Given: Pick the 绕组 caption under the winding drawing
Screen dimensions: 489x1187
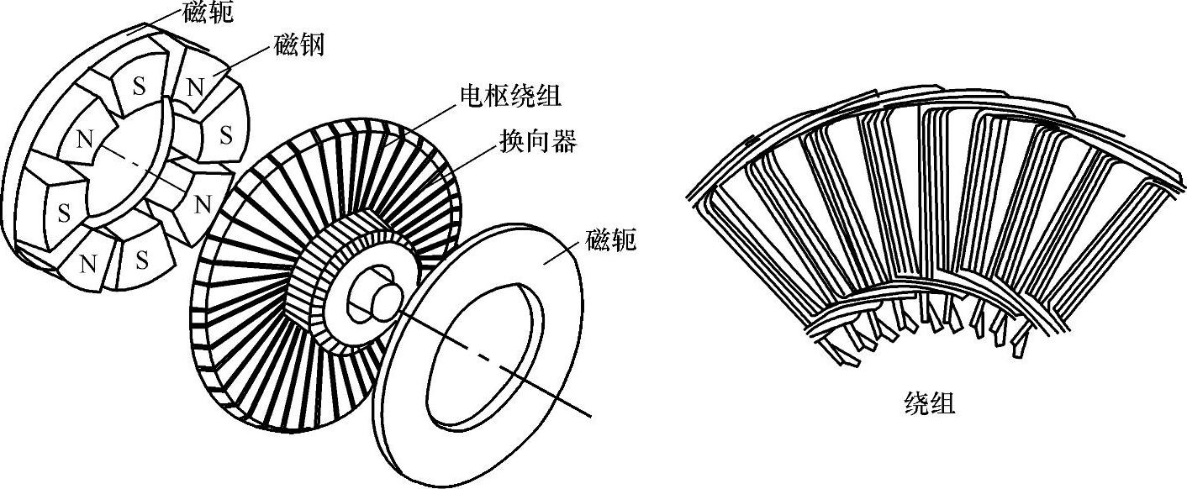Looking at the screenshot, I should [x=928, y=404].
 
